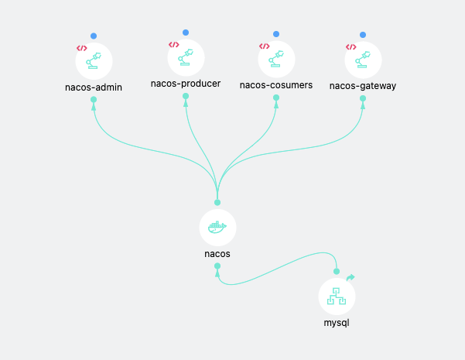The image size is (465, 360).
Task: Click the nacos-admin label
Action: [94, 87]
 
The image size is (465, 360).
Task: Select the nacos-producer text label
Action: [186, 84]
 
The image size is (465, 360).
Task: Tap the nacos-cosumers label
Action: [276, 85]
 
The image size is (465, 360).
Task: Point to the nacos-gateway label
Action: [363, 86]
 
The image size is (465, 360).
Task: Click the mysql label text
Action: [337, 323]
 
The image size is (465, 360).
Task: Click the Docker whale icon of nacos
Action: [217, 228]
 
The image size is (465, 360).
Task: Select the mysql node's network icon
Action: [337, 296]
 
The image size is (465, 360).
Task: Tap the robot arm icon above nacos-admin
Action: [94, 61]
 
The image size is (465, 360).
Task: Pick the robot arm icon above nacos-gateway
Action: [363, 60]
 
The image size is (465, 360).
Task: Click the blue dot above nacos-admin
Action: [94, 36]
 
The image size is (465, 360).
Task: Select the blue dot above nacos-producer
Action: [186, 33]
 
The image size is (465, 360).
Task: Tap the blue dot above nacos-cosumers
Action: [276, 34]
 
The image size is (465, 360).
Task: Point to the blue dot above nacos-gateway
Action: [363, 35]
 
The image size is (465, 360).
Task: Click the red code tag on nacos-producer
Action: [174, 45]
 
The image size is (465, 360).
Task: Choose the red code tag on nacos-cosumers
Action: [265, 46]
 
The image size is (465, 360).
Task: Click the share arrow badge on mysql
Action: [350, 277]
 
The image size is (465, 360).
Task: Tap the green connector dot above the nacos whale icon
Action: [217, 202]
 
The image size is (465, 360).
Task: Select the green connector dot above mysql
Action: [337, 271]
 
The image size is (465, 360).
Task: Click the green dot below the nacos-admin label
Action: [94, 99]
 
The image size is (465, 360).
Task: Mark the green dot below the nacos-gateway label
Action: [363, 98]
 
